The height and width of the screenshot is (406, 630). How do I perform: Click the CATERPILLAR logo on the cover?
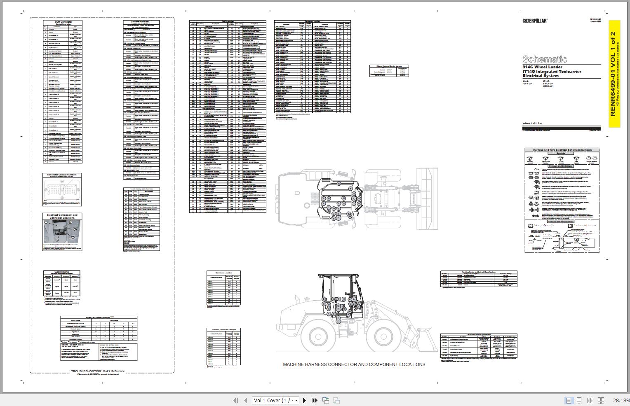(x=535, y=21)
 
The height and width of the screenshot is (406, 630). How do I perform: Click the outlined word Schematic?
(x=545, y=59)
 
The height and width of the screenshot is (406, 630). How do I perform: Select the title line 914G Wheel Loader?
(x=542, y=67)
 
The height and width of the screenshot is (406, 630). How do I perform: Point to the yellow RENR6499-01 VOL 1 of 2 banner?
(x=614, y=74)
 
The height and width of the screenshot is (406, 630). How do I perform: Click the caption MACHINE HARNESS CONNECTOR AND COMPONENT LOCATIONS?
(x=354, y=364)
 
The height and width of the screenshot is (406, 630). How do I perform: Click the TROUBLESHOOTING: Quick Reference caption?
(x=98, y=371)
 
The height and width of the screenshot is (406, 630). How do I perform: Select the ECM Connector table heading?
(x=63, y=21)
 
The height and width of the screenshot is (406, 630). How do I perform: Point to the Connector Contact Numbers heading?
(x=62, y=175)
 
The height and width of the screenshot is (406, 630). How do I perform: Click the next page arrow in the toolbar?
(x=305, y=400)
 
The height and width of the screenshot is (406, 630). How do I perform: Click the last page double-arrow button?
(x=315, y=400)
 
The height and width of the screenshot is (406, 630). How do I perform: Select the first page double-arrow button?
(x=236, y=400)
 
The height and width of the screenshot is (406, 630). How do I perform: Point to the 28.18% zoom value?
(x=621, y=400)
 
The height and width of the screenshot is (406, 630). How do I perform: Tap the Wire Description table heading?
(x=228, y=21)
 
